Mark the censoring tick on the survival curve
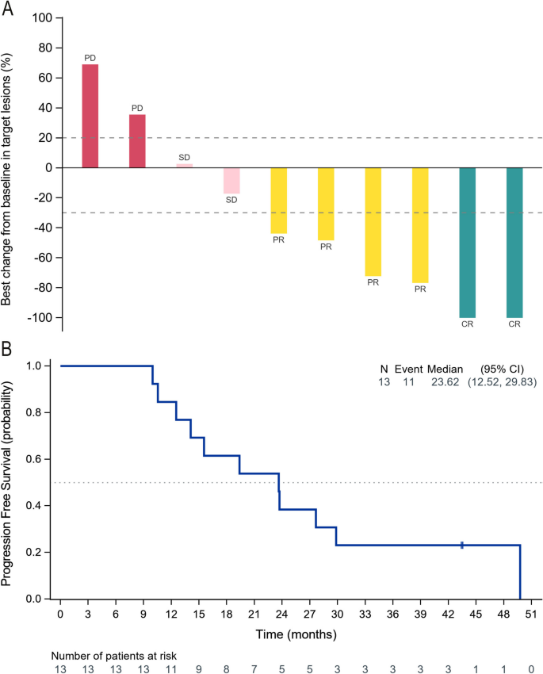click(462, 545)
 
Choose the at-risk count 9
click(198, 668)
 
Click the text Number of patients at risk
click(114, 655)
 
